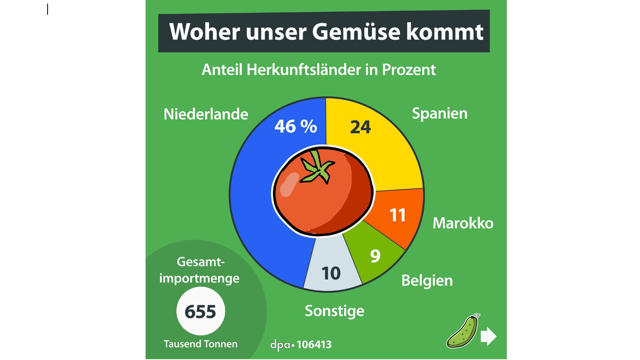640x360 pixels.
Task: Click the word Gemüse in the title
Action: (x=356, y=32)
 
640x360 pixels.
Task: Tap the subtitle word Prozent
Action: (x=409, y=70)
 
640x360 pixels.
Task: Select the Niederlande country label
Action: (x=206, y=114)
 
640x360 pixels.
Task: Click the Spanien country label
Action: (x=440, y=114)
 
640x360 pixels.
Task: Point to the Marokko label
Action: (x=463, y=223)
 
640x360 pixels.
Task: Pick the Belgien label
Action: (x=427, y=281)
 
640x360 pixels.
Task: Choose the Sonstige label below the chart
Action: (x=334, y=311)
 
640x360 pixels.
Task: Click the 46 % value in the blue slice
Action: (x=296, y=126)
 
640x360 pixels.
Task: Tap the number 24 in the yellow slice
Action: (x=360, y=127)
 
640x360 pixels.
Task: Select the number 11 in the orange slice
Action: (x=398, y=215)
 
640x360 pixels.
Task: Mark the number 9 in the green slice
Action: (x=375, y=256)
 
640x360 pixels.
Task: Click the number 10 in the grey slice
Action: (x=331, y=274)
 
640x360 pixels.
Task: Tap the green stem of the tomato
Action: (x=318, y=168)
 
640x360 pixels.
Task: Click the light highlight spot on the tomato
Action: (x=289, y=185)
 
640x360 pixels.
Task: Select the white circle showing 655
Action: (x=200, y=312)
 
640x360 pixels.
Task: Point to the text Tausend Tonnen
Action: (x=200, y=344)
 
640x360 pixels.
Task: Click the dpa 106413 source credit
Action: (x=301, y=344)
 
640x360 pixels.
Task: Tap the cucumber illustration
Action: (x=463, y=332)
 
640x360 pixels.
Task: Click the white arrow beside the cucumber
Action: (x=488, y=336)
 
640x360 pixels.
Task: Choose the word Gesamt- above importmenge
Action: (x=200, y=262)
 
